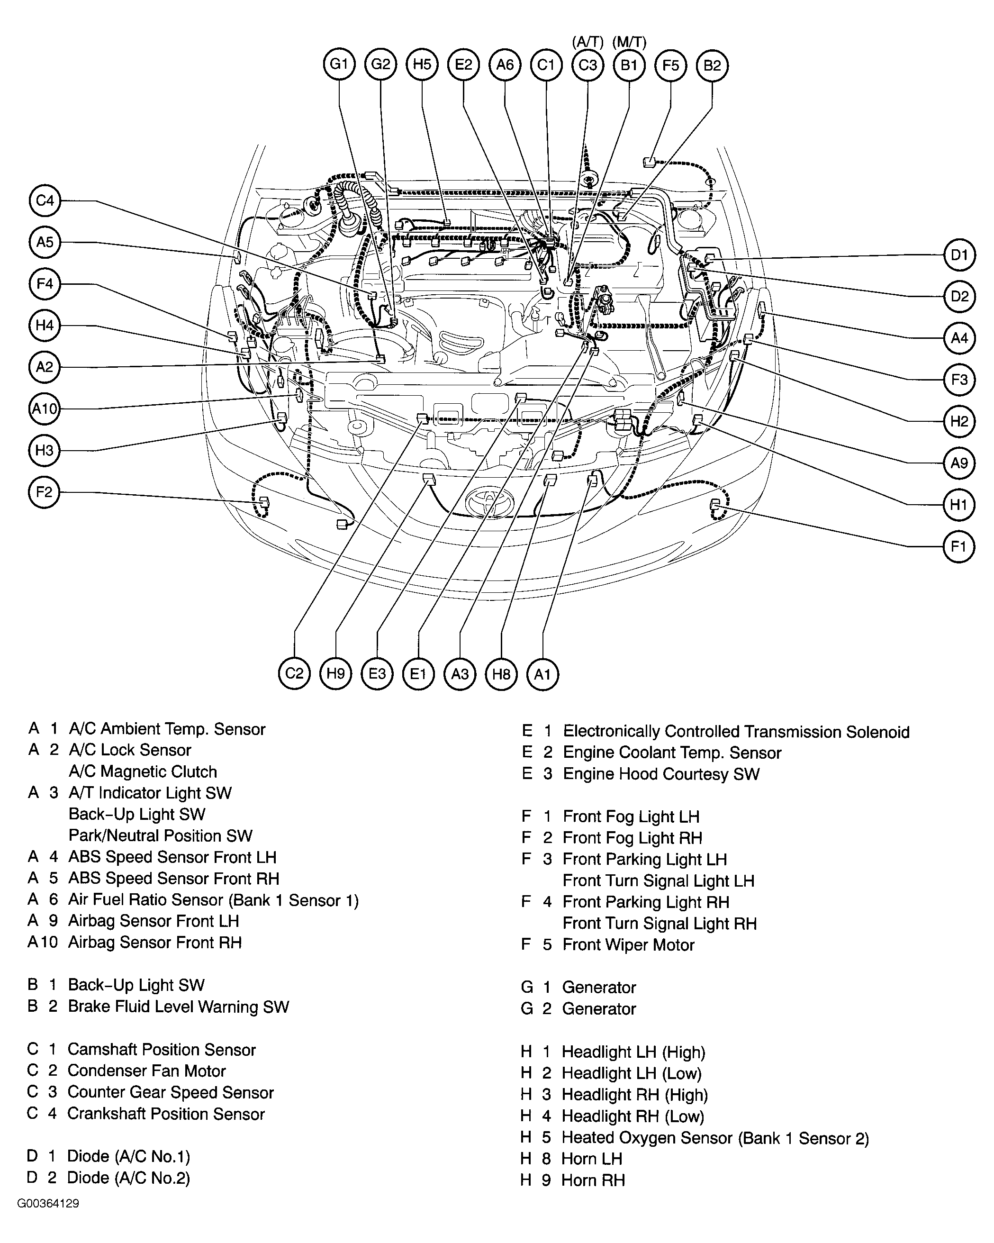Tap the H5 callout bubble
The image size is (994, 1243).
click(x=422, y=64)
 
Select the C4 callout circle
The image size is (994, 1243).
click(x=45, y=200)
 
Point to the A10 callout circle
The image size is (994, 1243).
click(x=45, y=409)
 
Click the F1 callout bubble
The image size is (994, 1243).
click(x=958, y=546)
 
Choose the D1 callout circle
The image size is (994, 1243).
click(x=959, y=255)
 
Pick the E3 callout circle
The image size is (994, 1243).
click(x=377, y=674)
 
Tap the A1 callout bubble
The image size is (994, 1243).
click(x=542, y=674)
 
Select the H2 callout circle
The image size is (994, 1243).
click(x=959, y=421)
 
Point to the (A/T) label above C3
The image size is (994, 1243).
click(x=587, y=42)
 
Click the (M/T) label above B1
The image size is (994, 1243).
click(x=629, y=42)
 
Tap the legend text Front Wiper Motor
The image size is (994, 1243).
click(x=628, y=945)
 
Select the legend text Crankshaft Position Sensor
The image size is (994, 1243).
click(x=166, y=1114)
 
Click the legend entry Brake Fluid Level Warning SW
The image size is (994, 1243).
click(x=178, y=1007)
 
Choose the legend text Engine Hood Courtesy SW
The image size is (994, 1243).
click(x=661, y=774)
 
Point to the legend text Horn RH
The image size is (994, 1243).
click(x=593, y=1180)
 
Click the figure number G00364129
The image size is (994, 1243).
click(x=48, y=1204)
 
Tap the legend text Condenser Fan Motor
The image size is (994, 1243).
click(x=146, y=1071)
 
